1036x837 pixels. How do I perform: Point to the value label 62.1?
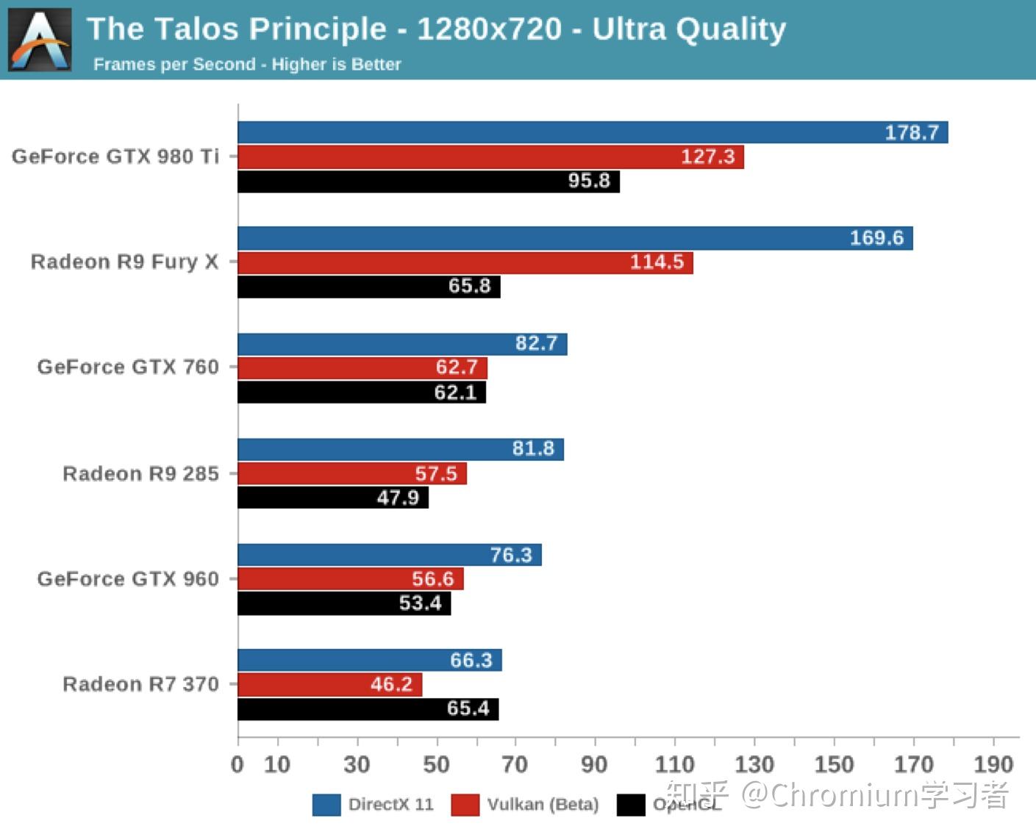(x=455, y=392)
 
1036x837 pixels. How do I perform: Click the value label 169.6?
(x=876, y=238)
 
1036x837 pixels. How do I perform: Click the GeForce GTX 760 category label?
(x=128, y=367)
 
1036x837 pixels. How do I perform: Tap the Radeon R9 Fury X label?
(x=124, y=262)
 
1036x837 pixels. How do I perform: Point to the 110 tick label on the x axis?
(x=674, y=765)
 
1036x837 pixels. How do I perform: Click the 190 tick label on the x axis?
(x=993, y=765)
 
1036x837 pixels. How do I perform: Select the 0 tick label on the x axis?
(x=237, y=765)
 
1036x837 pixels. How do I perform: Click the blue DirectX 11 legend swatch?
(x=326, y=805)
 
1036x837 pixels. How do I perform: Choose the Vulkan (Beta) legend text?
(x=543, y=805)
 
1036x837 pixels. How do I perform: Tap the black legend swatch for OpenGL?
(x=630, y=805)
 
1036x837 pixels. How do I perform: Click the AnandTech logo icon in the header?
(x=40, y=40)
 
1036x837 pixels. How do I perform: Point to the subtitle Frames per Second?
(x=174, y=65)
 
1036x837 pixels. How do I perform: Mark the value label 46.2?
(x=391, y=685)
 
